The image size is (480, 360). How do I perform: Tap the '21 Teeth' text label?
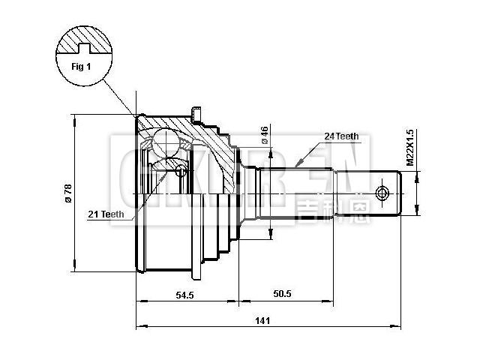click(x=106, y=214)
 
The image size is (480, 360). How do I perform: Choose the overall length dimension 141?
click(x=262, y=321)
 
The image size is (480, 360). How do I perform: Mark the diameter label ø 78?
click(x=67, y=193)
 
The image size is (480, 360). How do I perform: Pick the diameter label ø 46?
click(x=264, y=134)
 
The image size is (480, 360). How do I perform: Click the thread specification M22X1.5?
click(x=409, y=146)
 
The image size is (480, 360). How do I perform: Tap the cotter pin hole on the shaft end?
click(x=384, y=193)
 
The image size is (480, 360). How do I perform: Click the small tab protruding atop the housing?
click(x=197, y=114)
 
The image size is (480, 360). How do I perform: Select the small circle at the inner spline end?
click(x=180, y=171)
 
